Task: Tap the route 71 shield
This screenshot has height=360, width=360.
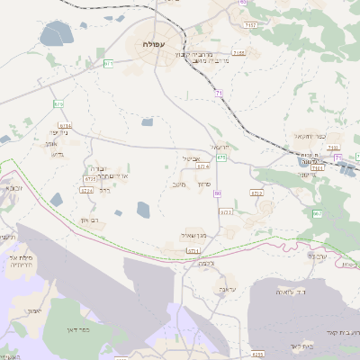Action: coord(219,93)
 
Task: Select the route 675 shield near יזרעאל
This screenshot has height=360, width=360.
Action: coord(221,157)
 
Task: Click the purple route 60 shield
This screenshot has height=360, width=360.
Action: coord(218,193)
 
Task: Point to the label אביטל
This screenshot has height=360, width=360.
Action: coord(190,157)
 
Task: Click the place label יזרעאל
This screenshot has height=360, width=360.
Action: coord(220,147)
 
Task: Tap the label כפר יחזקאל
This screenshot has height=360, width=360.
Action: coord(309,136)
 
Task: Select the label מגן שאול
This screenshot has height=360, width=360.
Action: coord(193,234)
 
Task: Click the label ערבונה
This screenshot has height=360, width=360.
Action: coord(317,256)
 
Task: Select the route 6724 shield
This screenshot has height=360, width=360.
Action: coord(87,191)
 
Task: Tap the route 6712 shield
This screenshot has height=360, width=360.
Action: coord(256,193)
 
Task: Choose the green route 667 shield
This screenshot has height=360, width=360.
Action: coord(318,213)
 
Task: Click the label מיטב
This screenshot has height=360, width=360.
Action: coord(178,184)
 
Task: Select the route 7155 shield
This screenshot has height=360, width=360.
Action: coord(238,54)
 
